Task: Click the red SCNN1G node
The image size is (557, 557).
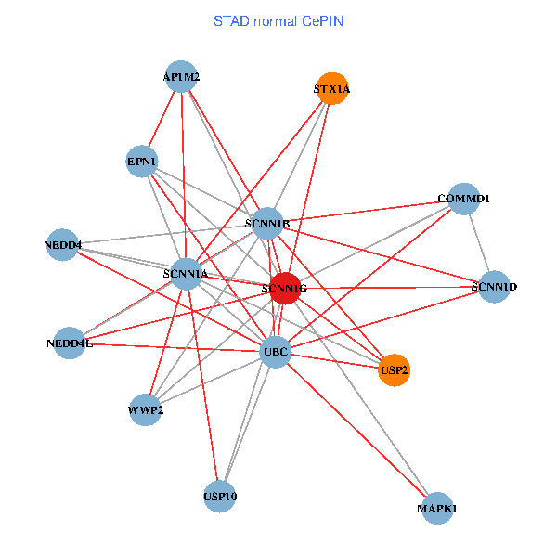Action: pos(285,289)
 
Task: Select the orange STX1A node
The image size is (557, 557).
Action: pos(331,89)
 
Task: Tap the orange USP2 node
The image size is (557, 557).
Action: pos(394,369)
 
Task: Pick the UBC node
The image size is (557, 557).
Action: pos(276,351)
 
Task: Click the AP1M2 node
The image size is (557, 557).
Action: pos(181,77)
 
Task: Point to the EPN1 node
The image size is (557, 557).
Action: pos(142,162)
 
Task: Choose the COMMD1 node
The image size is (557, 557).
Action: pos(463,199)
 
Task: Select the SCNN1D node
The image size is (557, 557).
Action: pos(493,286)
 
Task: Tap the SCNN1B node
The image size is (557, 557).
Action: pos(267,223)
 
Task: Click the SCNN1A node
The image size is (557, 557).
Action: pos(185,274)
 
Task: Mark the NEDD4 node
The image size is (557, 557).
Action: pos(62,245)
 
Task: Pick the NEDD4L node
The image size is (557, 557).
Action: pos(70,343)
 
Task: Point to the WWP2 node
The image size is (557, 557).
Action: pos(146,409)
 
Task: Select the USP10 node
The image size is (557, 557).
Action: pos(220,497)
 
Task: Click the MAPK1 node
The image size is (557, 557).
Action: pos(437,508)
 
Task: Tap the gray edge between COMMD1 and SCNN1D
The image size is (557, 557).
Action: pos(478,242)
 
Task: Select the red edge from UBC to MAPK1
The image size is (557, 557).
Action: pos(356,430)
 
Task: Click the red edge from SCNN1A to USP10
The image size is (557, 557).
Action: pos(202,385)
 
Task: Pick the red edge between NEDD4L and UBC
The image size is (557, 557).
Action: pos(173,346)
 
